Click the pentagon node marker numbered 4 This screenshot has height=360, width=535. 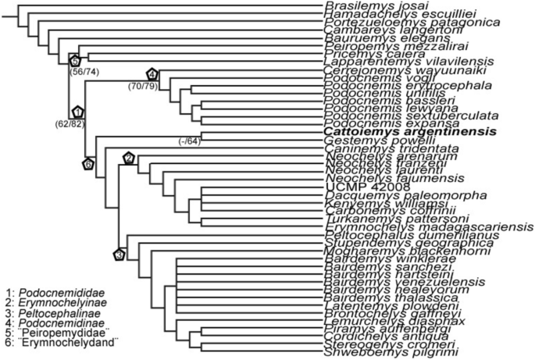[152, 74]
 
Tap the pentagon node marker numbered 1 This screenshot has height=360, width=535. [78, 113]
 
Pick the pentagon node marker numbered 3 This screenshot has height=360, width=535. [119, 254]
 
